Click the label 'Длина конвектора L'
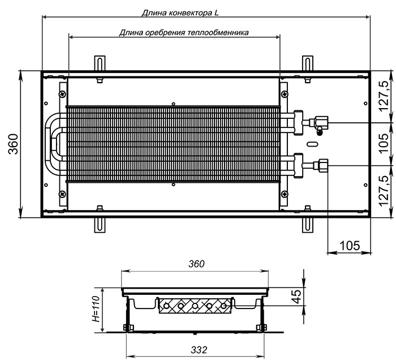click(x=180, y=13)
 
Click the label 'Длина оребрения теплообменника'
click(x=184, y=33)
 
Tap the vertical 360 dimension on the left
click(x=13, y=144)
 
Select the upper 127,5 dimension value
click(x=384, y=96)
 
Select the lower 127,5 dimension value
click(x=384, y=191)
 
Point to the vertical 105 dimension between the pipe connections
click(x=384, y=143)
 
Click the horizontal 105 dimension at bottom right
click(x=350, y=245)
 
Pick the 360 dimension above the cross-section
click(x=196, y=264)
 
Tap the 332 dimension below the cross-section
click(x=199, y=350)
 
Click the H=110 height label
click(x=97, y=308)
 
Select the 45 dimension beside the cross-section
click(x=297, y=297)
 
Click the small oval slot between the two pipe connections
click(x=312, y=144)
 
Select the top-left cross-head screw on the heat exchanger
click(x=62, y=94)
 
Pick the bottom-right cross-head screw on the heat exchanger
click(x=285, y=194)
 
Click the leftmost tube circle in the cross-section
click(x=166, y=306)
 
